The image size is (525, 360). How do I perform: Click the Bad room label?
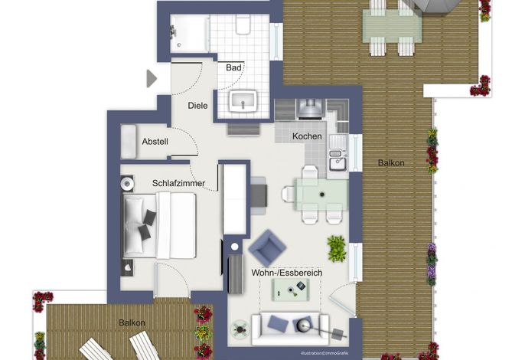(x=233, y=67)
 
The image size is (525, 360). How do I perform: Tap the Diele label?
(x=197, y=106)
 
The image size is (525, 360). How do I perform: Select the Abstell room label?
(x=155, y=142)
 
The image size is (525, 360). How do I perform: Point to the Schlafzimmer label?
(x=178, y=183)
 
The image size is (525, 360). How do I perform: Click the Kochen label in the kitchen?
(x=307, y=136)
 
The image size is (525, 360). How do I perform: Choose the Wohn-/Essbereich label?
(x=287, y=273)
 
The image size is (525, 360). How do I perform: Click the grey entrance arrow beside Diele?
(x=152, y=79)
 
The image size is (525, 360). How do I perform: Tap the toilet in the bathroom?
(x=243, y=25)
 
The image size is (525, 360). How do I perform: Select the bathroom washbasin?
(x=243, y=100)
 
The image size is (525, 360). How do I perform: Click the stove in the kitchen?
(x=311, y=109)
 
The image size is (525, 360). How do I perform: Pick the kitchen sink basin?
(x=337, y=164)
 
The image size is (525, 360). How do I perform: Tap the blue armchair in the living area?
(x=267, y=247)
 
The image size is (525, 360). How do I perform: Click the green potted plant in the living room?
(x=337, y=248)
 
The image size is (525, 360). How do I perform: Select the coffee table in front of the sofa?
(x=290, y=290)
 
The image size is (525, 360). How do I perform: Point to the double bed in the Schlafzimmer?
(x=159, y=226)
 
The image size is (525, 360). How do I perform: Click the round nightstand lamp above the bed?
(x=127, y=184)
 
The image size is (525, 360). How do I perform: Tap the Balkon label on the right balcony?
(x=391, y=163)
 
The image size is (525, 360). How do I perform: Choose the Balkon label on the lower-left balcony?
(x=132, y=322)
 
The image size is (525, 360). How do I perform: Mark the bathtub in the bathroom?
(x=189, y=34)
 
